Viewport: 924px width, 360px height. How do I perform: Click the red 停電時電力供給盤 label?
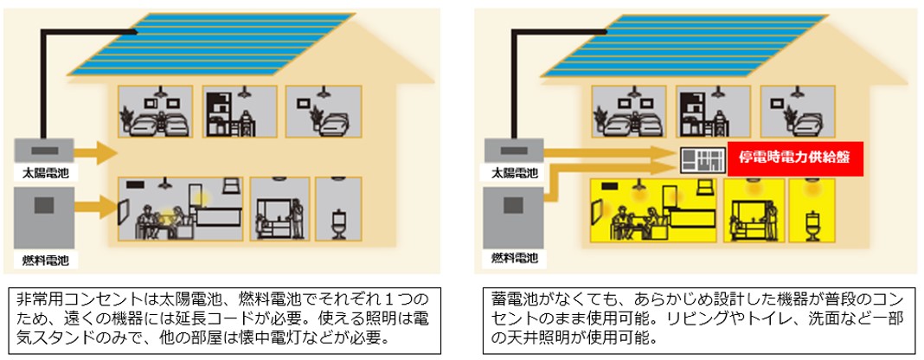click(x=796, y=158)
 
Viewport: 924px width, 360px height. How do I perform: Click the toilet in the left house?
click(x=339, y=224)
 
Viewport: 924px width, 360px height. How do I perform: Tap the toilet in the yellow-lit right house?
click(x=812, y=224)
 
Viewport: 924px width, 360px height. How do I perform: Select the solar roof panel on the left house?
click(x=212, y=44)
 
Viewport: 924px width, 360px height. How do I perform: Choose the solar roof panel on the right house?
click(x=684, y=45)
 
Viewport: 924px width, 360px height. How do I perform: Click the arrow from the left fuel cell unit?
click(x=97, y=207)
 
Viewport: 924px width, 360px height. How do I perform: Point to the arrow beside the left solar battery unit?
click(x=97, y=152)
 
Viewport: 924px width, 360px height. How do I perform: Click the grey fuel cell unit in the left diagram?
click(x=44, y=218)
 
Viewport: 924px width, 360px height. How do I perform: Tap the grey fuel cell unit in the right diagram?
click(x=514, y=217)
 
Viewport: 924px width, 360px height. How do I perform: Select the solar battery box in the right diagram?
click(x=514, y=151)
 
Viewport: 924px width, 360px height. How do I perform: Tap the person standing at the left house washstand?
click(x=298, y=219)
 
